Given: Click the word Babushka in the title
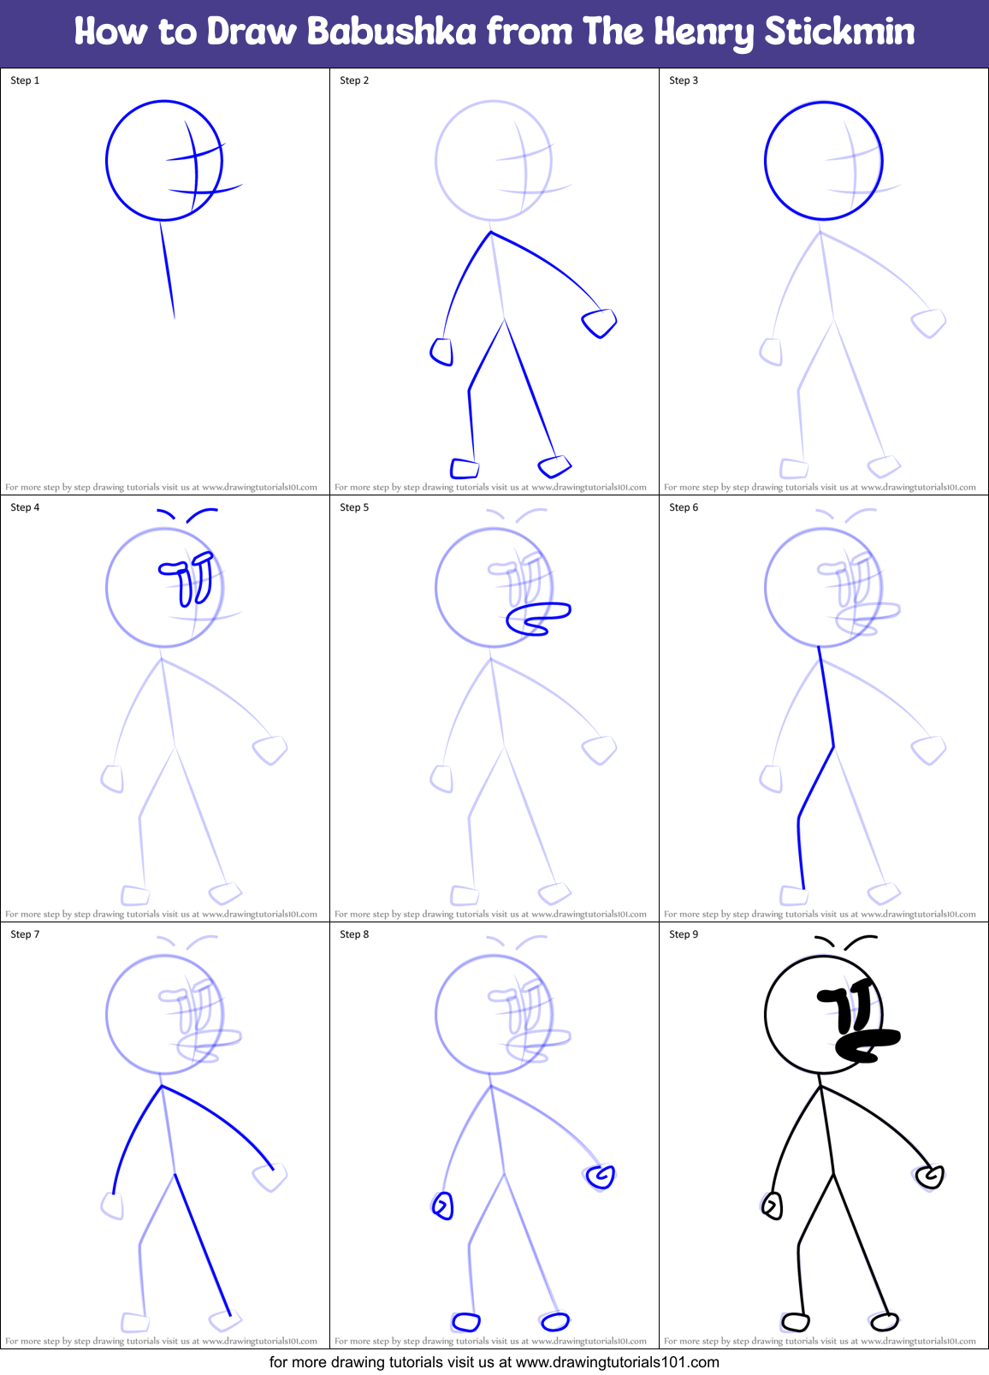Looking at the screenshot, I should [391, 33].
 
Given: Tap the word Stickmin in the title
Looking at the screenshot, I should [838, 33].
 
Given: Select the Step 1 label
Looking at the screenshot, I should [25, 80].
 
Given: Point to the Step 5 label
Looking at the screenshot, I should [354, 507].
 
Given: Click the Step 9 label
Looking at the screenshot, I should [684, 934].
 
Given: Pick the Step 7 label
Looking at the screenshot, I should [25, 934].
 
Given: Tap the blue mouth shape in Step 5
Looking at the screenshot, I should [536, 619].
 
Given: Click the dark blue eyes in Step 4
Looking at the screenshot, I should [188, 578].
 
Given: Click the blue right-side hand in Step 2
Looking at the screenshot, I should [599, 323].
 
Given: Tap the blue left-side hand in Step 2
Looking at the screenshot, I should [441, 351].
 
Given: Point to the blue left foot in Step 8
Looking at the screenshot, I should [465, 1323].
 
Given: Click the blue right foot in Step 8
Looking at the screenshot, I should [555, 1322].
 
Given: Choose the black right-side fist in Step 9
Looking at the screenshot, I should [929, 1177].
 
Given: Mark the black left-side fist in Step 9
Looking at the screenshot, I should [772, 1206].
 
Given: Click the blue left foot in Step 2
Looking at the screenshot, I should [465, 468].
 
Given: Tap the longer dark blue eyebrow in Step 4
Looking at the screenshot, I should [201, 513].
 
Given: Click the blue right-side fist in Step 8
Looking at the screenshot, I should [601, 1176].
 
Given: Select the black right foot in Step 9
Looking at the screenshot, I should [885, 1322].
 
